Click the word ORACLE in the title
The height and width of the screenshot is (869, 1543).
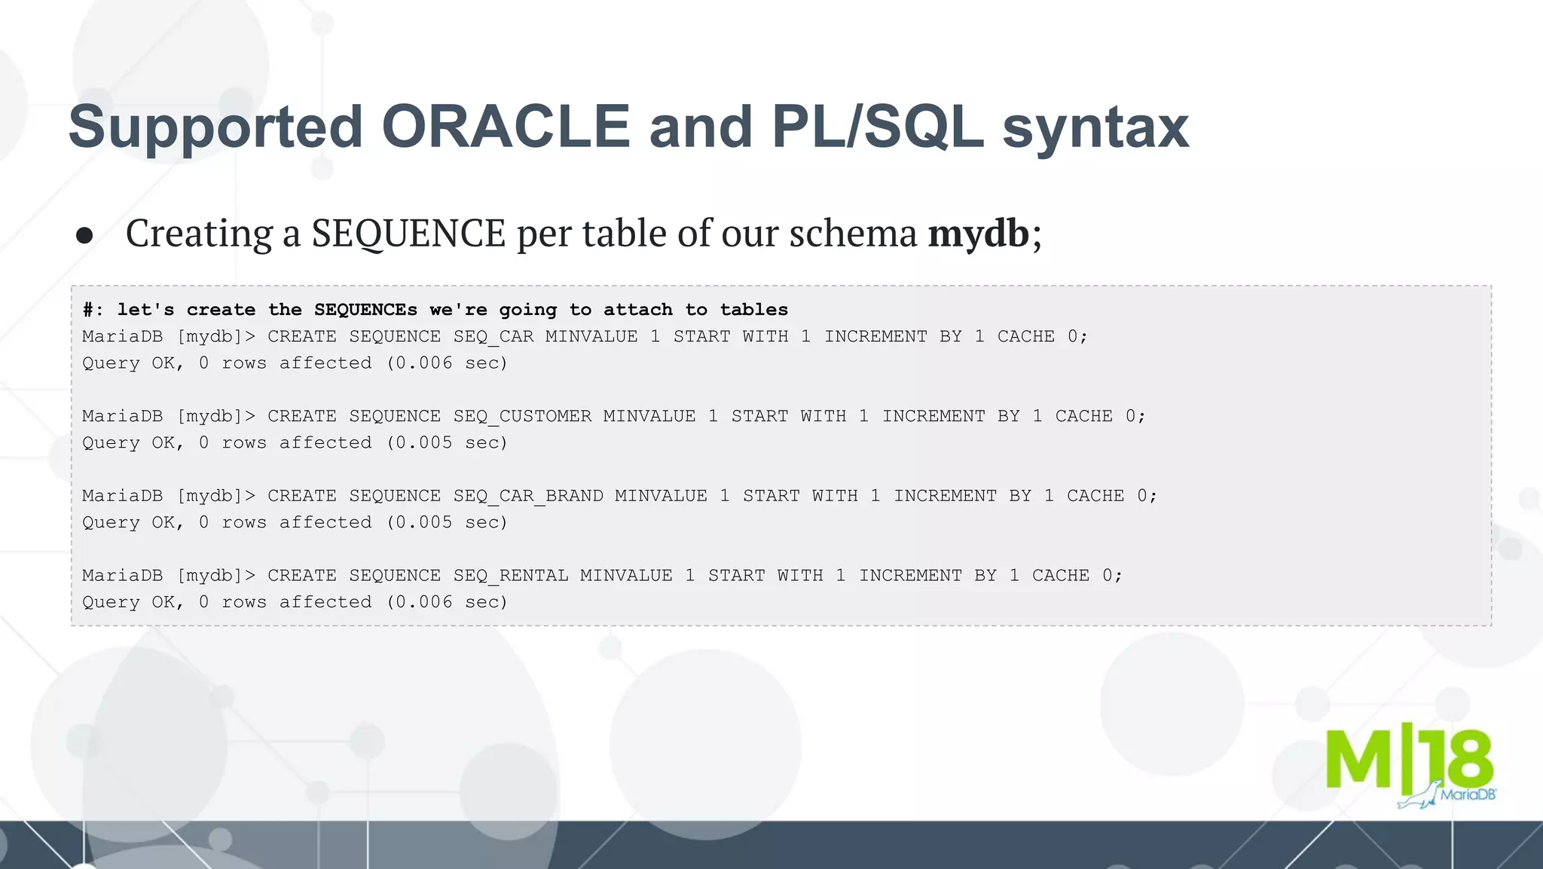pos(506,127)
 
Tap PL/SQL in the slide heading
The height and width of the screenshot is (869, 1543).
pos(877,127)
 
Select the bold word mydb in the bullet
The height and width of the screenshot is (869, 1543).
pos(978,233)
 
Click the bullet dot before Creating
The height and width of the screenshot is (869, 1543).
pos(84,235)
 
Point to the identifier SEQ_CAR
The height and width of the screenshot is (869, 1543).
pos(493,337)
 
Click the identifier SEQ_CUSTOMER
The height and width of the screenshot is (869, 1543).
pos(522,417)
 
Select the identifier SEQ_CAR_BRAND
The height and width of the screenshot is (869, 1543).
pos(528,496)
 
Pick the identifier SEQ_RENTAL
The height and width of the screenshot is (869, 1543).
pos(511,576)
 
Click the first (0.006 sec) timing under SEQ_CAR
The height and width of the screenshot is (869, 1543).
pos(448,363)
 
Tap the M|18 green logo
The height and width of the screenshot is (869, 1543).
pos(1408,761)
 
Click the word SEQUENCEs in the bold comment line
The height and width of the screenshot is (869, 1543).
pos(365,310)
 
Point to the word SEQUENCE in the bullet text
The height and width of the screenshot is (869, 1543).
pos(408,233)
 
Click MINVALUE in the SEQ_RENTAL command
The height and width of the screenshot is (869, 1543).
pos(626,576)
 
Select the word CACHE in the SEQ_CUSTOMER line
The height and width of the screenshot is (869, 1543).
pos(1083,417)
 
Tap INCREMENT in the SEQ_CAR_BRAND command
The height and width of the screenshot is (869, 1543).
pos(945,496)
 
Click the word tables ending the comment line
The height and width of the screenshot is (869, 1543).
pos(753,310)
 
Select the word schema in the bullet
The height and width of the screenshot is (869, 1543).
pos(853,233)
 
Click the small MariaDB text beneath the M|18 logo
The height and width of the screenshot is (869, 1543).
pos(1468,794)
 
